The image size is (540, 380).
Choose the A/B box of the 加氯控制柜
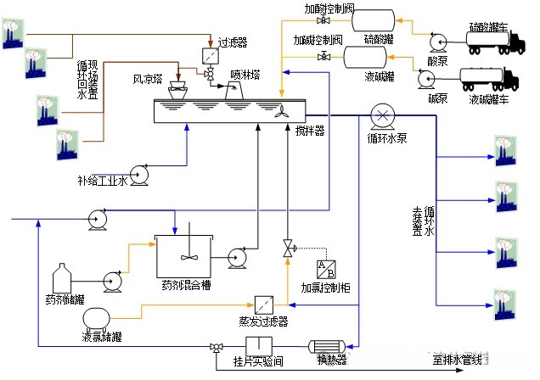point(324,267)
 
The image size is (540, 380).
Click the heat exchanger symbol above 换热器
point(327,347)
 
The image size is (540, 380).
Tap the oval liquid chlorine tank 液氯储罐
point(95,320)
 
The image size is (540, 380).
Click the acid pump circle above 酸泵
point(436,40)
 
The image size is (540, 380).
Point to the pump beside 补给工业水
point(140,176)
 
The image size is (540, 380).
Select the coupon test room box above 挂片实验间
point(257,346)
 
